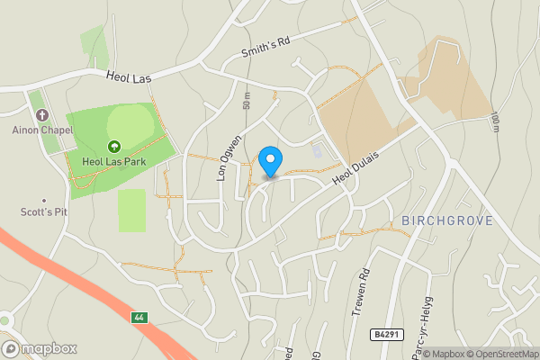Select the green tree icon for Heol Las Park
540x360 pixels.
pyautogui.click(x=114, y=146)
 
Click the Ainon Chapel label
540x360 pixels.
pyautogui.click(x=42, y=129)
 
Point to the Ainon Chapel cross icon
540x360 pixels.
pyautogui.click(x=42, y=114)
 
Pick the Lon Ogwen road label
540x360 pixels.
pyautogui.click(x=229, y=157)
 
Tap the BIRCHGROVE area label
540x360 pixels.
pyautogui.click(x=442, y=220)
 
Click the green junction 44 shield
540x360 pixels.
pyautogui.click(x=139, y=318)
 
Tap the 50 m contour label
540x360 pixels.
pyautogui.click(x=247, y=101)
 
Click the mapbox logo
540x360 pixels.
pyautogui.click(x=40, y=348)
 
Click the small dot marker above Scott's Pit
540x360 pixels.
pyautogui.click(x=42, y=201)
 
